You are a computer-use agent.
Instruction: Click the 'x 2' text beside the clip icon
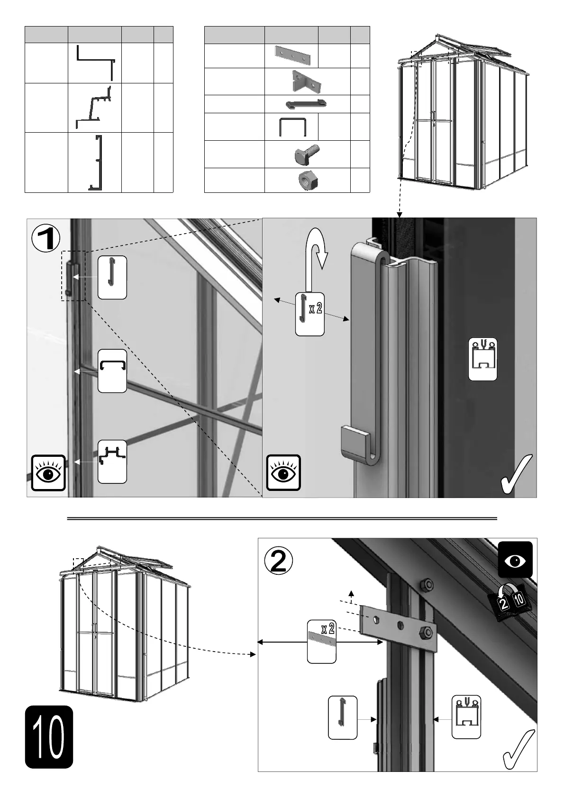coord(316,309)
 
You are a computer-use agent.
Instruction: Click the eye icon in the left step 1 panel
coord(48,473)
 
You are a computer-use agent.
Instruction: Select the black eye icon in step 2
coord(516,560)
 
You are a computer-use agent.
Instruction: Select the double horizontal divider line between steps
coord(282,518)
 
